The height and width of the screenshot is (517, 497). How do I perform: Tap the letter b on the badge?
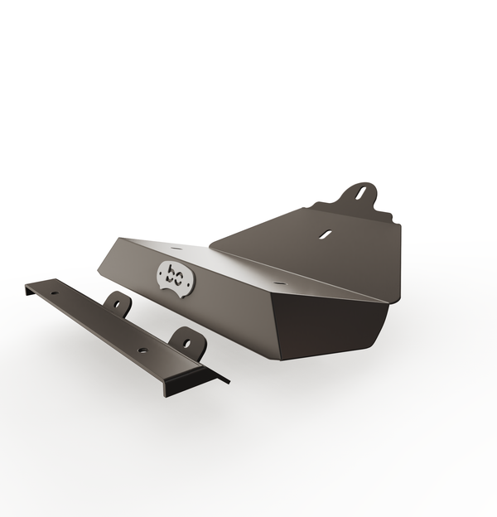click(171, 274)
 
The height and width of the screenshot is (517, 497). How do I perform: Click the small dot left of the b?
click(162, 273)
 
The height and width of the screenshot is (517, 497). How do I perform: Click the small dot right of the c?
click(188, 283)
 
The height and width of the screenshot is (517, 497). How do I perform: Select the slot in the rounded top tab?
click(361, 193)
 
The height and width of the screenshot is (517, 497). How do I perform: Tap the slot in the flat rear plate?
click(326, 234)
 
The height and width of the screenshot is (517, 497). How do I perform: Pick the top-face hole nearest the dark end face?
click(279, 283)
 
